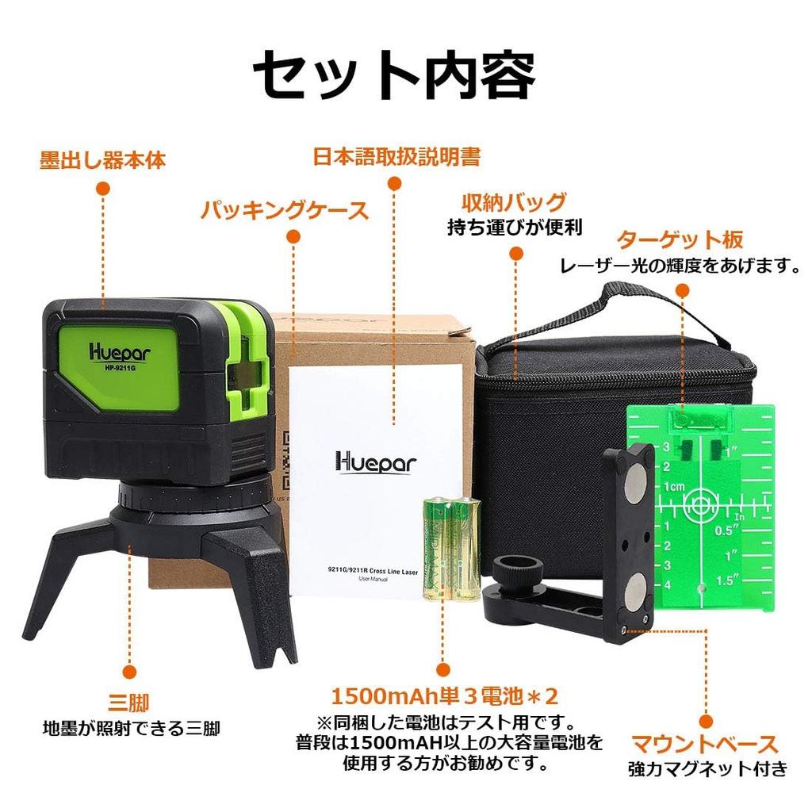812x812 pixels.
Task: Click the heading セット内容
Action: tap(394, 76)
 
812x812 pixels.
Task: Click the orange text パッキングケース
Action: tap(284, 210)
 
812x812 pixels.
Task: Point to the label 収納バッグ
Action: tap(514, 201)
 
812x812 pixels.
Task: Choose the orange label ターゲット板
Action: tap(680, 239)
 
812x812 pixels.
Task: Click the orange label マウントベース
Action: tap(704, 744)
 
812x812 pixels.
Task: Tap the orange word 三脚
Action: tap(128, 703)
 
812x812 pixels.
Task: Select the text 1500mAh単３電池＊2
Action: tap(445, 697)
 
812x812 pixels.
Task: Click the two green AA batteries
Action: tap(450, 548)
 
